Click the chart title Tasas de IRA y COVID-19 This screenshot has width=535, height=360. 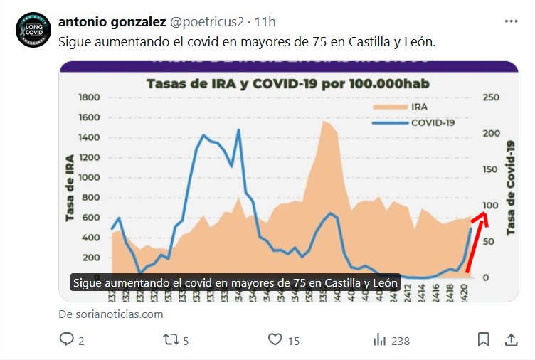coord(287,83)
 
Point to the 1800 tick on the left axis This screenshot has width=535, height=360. coord(89,97)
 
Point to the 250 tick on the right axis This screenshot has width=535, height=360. coord(492,97)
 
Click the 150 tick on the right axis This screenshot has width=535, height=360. coord(492,169)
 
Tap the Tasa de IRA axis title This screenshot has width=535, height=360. coord(70,188)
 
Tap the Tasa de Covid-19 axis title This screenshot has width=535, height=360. coord(510,188)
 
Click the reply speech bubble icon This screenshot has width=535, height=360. coord(68,340)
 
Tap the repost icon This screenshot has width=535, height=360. coord(171,340)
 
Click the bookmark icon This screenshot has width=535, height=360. coord(483,340)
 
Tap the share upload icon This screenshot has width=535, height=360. coord(510,340)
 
